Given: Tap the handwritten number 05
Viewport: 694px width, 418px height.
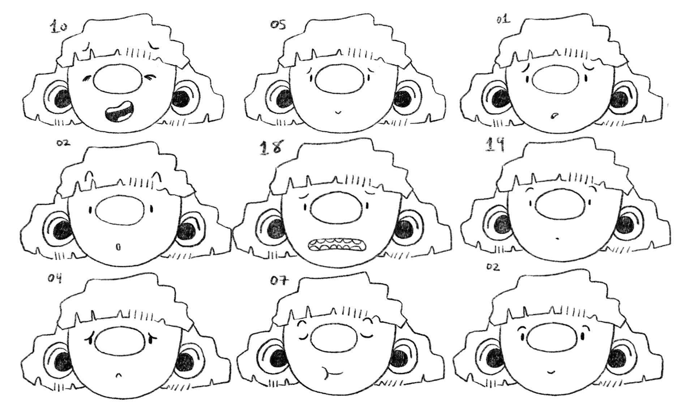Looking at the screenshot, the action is click(x=278, y=25).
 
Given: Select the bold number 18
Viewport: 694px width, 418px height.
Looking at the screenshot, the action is click(x=271, y=147).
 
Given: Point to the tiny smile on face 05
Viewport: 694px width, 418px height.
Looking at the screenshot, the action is click(x=338, y=112).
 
